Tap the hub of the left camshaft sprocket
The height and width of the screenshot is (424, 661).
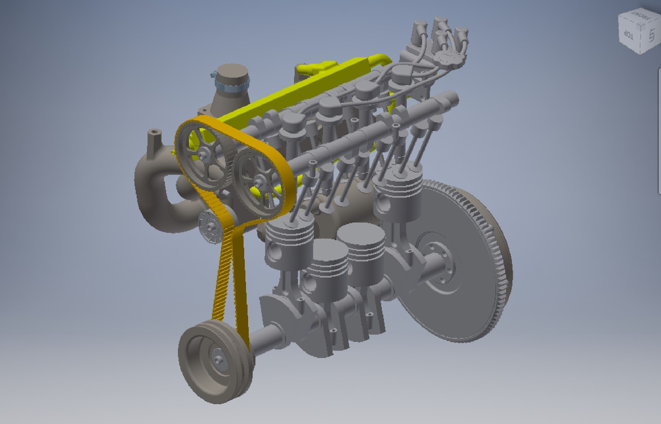coord(204,155)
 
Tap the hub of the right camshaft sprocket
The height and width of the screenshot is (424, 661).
coord(258,181)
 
